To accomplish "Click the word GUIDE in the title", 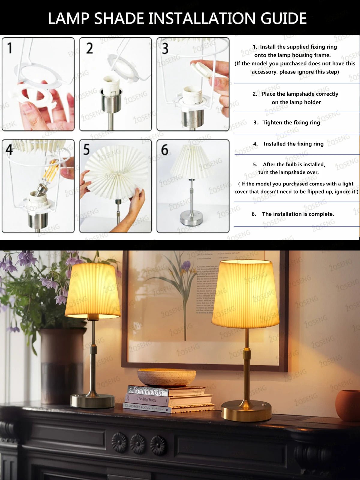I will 283,19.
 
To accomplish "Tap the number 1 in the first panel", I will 10,48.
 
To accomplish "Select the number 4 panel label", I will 9,149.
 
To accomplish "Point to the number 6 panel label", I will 164,150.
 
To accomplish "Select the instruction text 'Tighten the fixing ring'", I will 291,122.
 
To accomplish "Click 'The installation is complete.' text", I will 298,214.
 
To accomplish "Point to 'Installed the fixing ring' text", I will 293,144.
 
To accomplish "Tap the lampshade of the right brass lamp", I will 245,294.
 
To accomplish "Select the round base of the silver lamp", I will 92,401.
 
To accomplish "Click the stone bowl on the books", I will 166,377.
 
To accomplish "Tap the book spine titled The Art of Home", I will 147,400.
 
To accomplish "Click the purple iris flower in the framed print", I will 186,266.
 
